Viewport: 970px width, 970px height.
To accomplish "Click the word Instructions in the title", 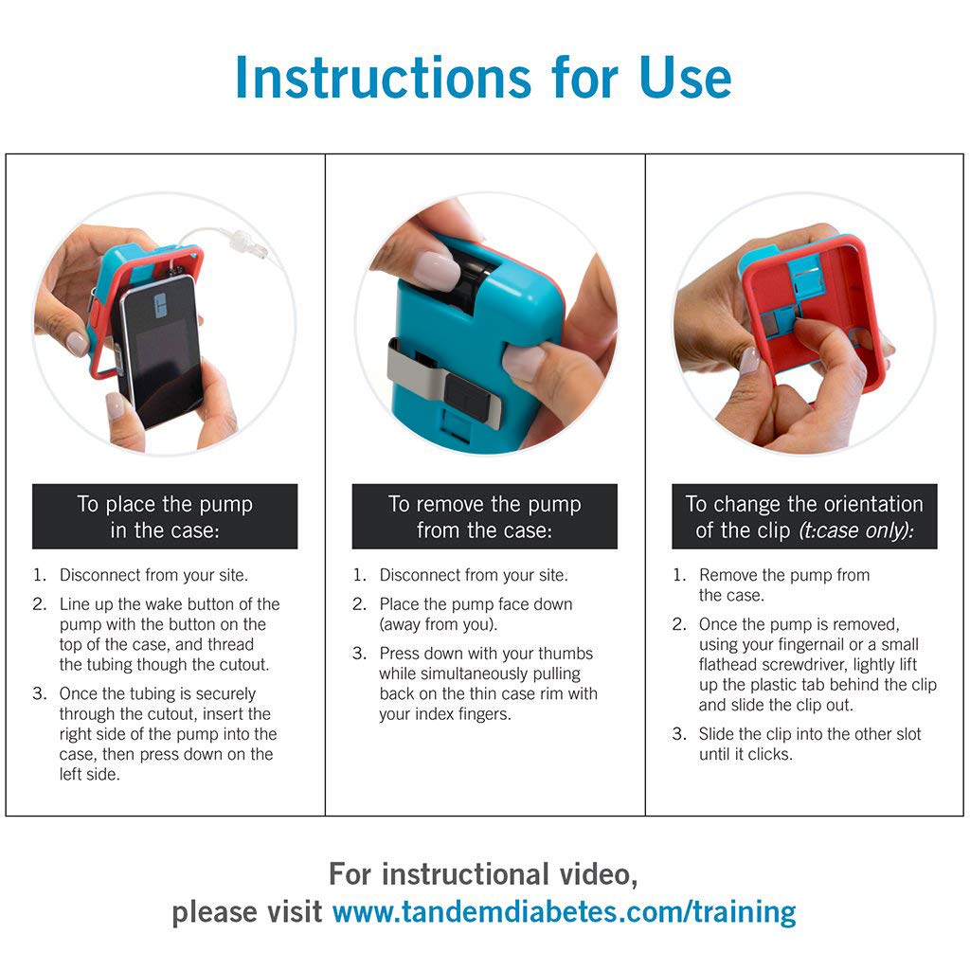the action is pos(383,78).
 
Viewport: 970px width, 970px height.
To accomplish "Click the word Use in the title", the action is pos(686,78).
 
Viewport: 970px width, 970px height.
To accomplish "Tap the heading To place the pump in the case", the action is pos(165,516).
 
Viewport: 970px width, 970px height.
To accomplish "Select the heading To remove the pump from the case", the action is pos(484,516).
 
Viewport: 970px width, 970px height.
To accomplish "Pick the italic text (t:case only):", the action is pos(856,530).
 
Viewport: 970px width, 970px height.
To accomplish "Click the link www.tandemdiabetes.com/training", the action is pos(565,911).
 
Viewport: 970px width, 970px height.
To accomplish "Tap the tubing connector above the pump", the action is pos(247,242).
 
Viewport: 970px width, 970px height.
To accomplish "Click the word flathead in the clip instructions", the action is pos(728,664).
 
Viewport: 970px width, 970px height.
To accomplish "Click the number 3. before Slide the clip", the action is pos(679,734).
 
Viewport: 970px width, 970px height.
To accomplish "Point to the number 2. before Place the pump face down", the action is pos(359,604).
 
